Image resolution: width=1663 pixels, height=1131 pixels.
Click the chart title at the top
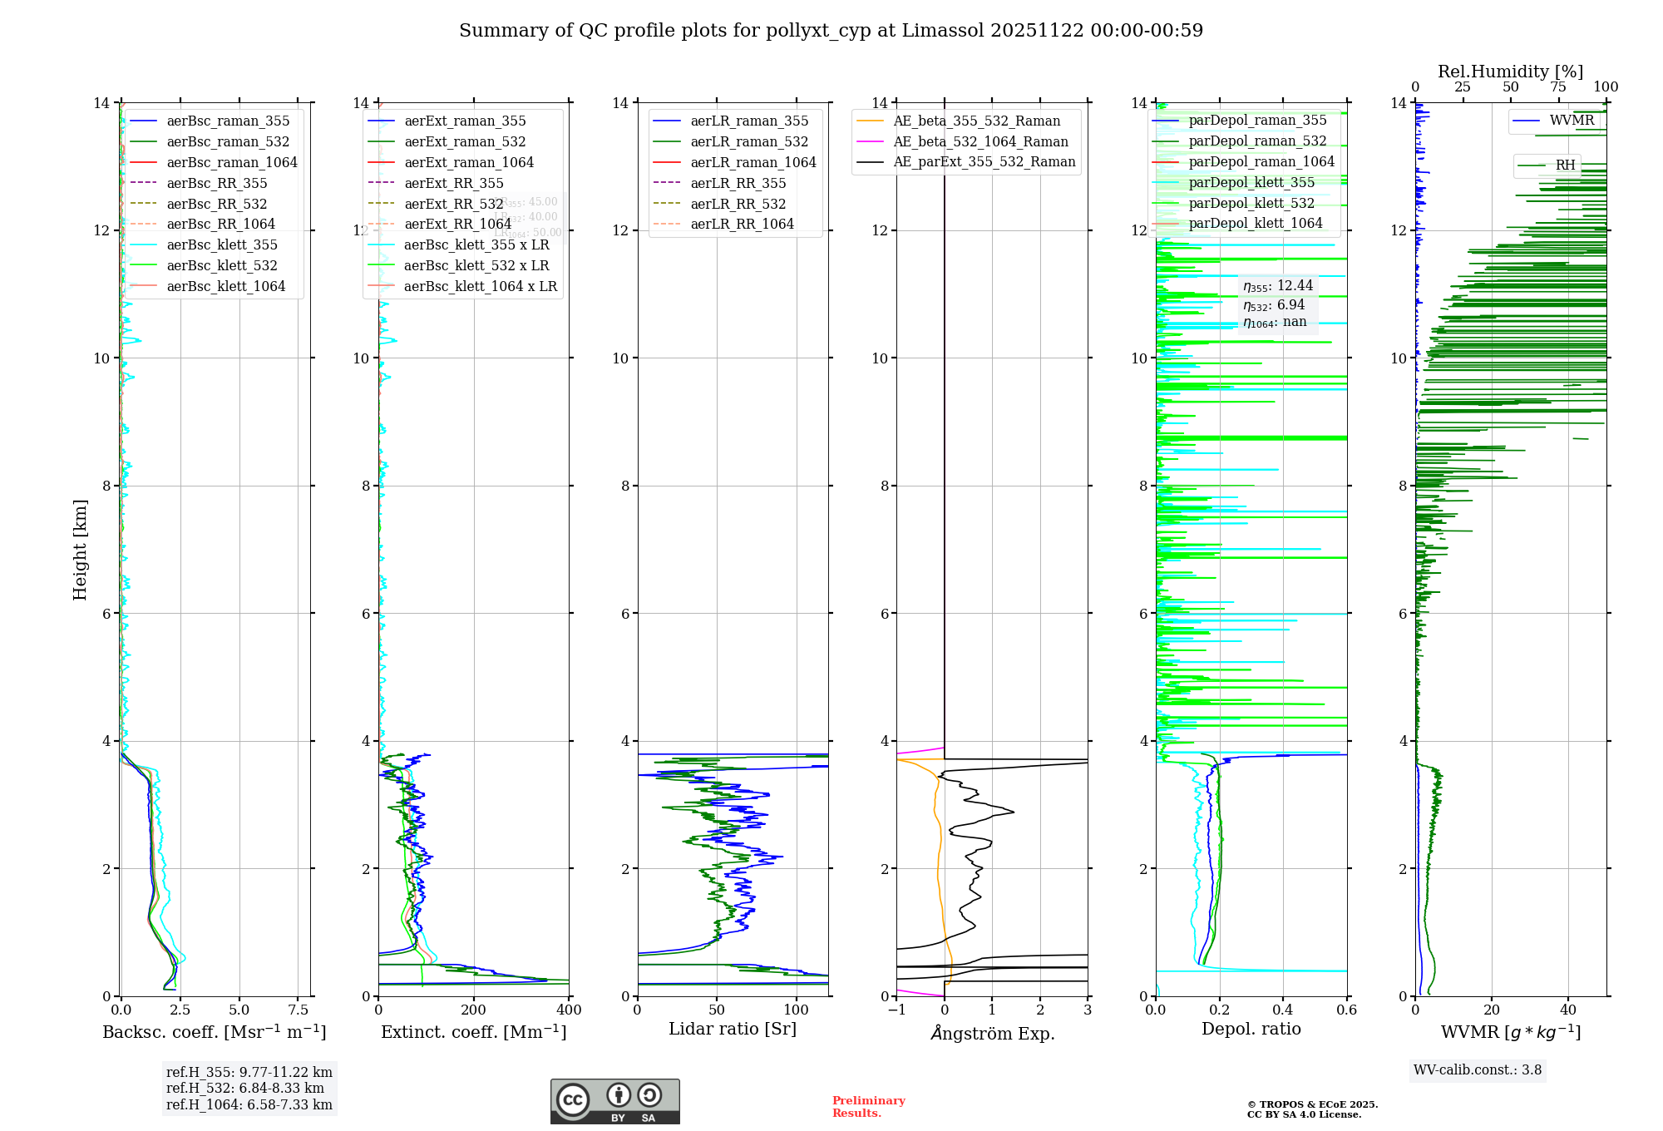click(831, 31)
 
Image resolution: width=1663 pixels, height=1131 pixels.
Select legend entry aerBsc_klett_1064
click(225, 286)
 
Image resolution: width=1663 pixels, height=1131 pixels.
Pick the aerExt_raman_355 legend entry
click(465, 121)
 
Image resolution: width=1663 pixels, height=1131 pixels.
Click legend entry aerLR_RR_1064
click(742, 224)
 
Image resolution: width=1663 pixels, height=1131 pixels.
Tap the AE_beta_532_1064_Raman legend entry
click(980, 142)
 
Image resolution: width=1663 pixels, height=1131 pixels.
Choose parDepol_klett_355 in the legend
click(1251, 183)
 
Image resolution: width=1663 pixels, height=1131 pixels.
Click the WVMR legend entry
click(1572, 121)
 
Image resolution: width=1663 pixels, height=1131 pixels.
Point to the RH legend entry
click(1565, 165)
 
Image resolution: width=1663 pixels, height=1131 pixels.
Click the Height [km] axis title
click(80, 549)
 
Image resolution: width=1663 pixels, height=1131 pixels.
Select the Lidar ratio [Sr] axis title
click(733, 1030)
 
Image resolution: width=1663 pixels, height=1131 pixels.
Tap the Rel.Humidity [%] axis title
click(1510, 72)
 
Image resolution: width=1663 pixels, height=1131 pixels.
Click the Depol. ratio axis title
click(1251, 1030)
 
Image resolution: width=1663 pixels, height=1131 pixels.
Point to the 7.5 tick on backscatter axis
click(299, 1010)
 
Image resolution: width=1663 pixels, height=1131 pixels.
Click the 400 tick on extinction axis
click(569, 1010)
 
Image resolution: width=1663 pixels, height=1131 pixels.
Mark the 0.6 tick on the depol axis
click(1346, 1010)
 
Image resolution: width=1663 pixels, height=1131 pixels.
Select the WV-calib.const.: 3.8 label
click(1478, 1070)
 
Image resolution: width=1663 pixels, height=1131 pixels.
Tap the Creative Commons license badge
click(614, 1102)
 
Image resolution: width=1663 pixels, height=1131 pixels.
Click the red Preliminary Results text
click(868, 1107)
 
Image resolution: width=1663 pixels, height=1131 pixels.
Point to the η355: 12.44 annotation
click(1278, 287)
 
